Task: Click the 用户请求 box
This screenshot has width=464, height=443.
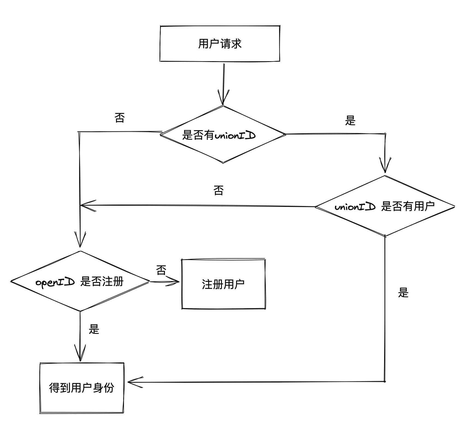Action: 220,44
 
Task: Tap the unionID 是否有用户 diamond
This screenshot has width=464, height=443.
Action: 385,206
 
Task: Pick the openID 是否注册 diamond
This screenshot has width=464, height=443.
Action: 80,281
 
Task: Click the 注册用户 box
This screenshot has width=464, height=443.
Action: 223,284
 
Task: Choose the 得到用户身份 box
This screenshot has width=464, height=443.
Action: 81,388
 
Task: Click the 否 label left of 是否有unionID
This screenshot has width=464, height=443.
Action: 119,118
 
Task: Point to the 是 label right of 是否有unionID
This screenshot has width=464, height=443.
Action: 350,120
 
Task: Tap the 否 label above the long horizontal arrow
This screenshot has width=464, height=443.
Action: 218,190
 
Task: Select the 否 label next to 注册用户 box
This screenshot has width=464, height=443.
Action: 161,270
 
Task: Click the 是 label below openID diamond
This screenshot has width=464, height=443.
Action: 94,329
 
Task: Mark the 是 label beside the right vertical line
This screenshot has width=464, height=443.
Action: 403,293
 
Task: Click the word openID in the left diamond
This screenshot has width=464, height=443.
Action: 55,282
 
